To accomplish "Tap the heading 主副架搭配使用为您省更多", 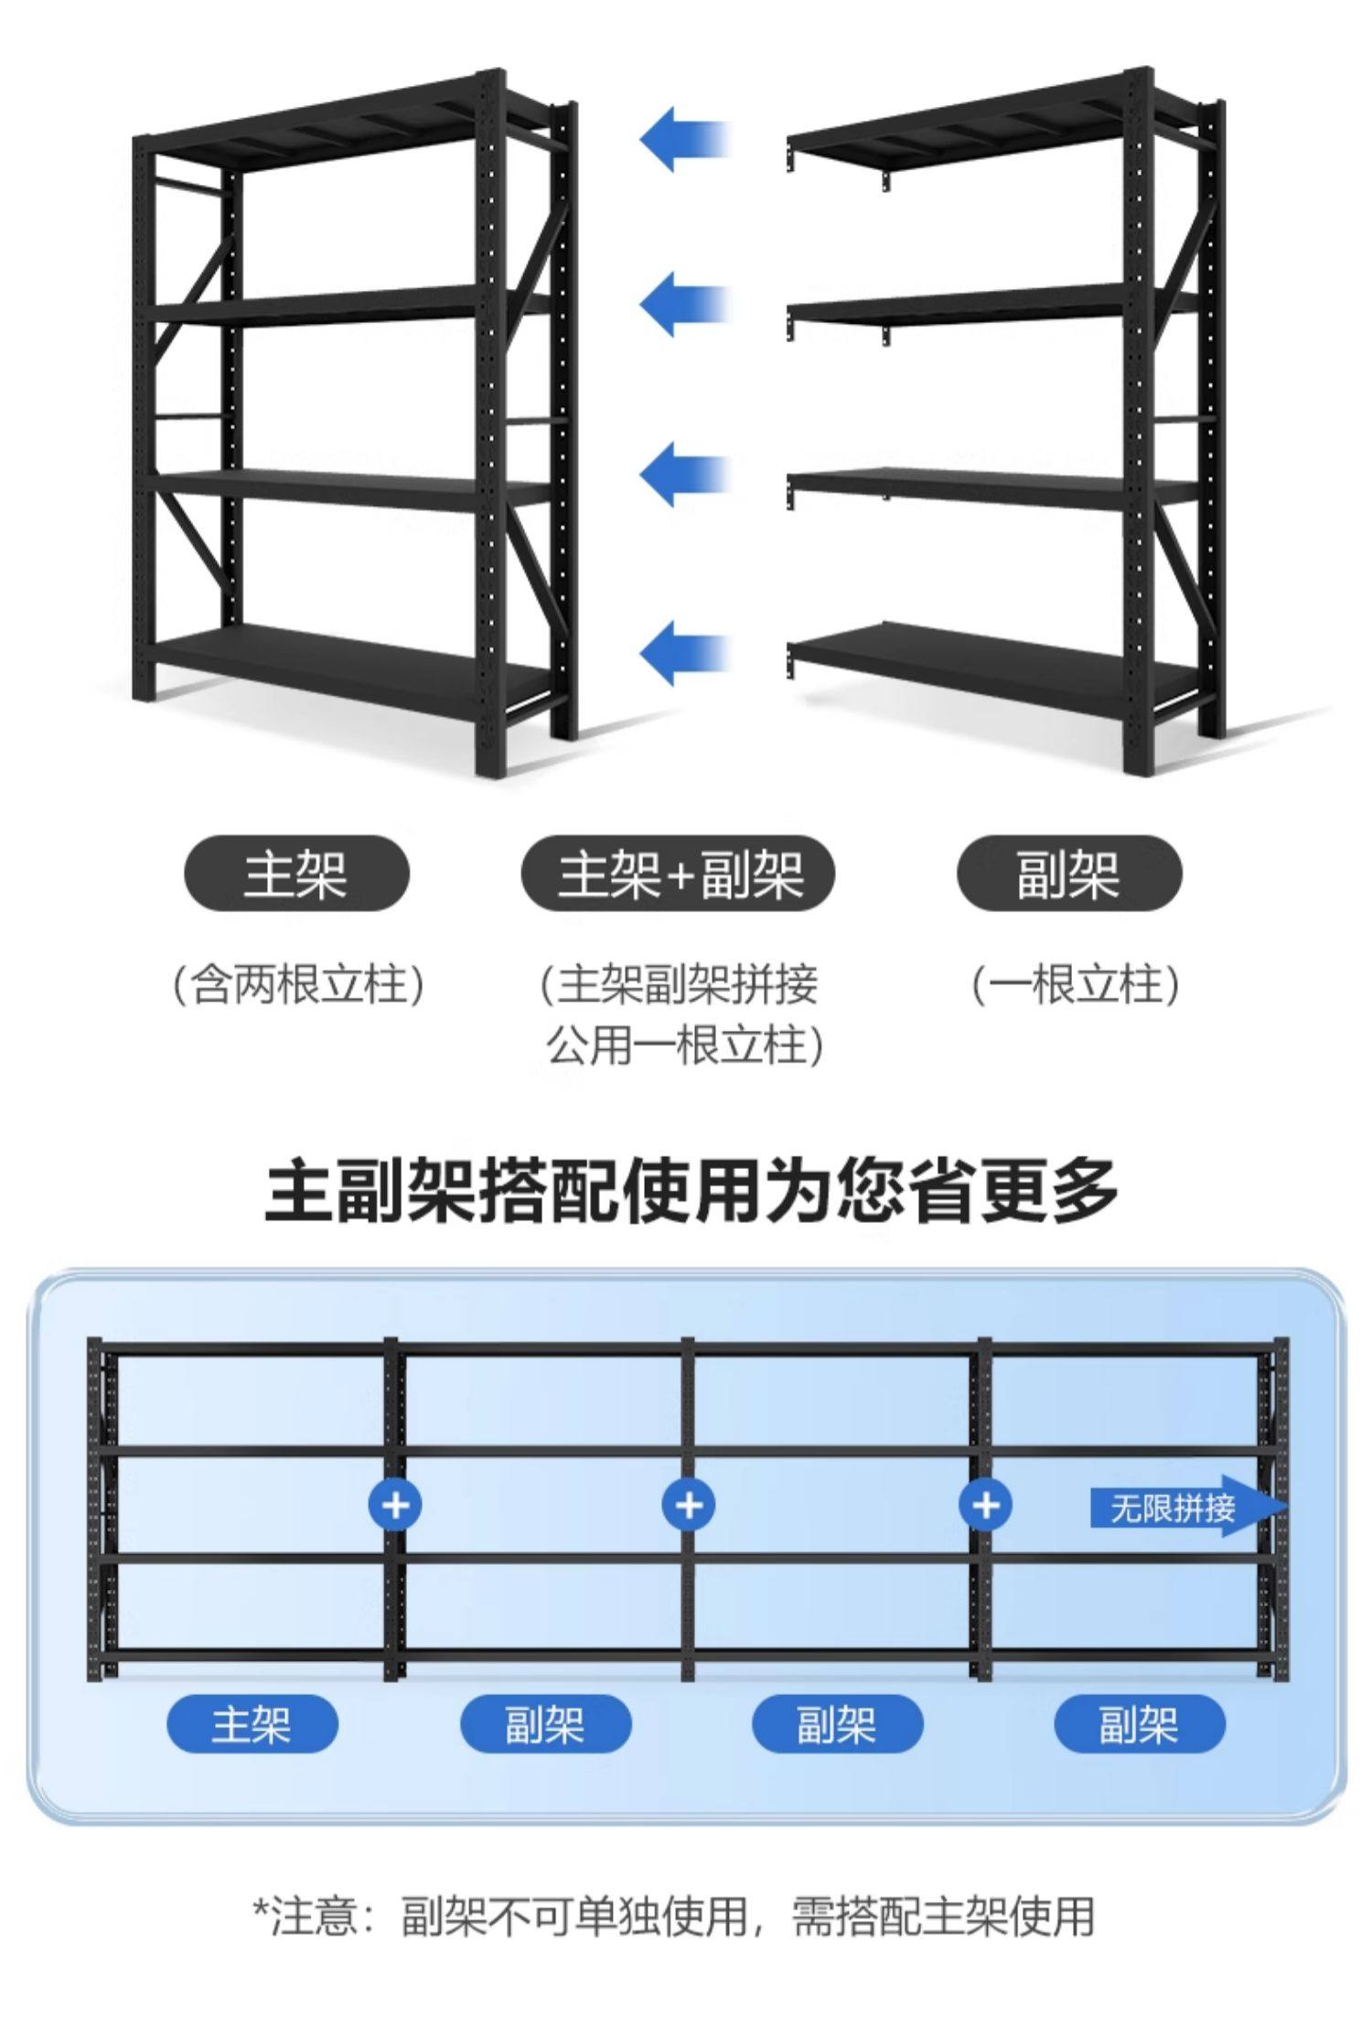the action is tap(691, 1189).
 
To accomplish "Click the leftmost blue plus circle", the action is tap(395, 1505).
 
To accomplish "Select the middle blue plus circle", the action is tap(690, 1505).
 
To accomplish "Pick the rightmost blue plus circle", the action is tap(985, 1505).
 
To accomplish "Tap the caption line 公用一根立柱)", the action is tap(684, 1045).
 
